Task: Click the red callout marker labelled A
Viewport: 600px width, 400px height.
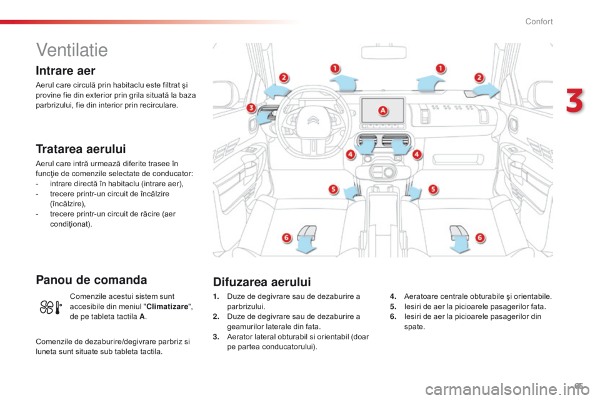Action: pos(382,111)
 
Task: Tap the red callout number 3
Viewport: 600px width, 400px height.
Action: pos(251,107)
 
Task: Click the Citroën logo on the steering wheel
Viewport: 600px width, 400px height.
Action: pos(313,121)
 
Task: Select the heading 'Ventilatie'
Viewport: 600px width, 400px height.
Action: pos(72,50)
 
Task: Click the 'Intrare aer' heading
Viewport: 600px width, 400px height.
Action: pos(66,71)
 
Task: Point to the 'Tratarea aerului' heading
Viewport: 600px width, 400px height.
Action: pos(81,149)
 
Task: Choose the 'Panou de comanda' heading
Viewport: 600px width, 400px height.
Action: pos(91,280)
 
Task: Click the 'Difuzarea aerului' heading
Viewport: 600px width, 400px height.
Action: pos(262,282)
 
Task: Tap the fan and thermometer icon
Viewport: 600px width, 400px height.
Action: pos(51,307)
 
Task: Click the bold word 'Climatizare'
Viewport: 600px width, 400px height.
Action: pos(167,307)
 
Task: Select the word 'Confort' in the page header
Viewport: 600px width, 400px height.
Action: pos(539,21)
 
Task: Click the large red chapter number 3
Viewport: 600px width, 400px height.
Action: pos(574,101)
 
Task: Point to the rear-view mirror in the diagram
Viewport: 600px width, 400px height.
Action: pos(383,52)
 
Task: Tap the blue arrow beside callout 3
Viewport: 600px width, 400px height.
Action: pos(264,116)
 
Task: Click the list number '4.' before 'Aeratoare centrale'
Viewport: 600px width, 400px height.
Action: pos(393,296)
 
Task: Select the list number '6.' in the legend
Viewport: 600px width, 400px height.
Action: pos(393,316)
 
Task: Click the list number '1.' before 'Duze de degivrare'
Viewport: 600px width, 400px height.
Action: pos(216,296)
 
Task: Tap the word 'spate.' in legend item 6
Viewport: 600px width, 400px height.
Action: pos(414,327)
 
